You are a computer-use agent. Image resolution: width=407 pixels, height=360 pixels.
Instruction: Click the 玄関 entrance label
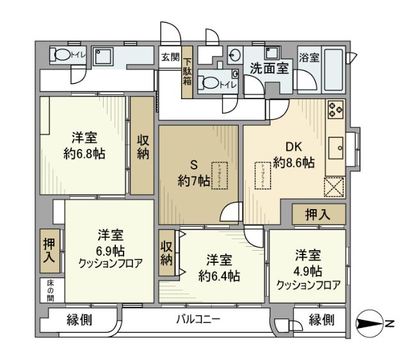(170, 56)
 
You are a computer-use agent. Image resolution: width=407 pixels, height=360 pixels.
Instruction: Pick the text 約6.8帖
(84, 153)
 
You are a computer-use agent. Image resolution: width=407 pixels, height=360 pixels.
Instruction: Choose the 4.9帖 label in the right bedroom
(308, 270)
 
